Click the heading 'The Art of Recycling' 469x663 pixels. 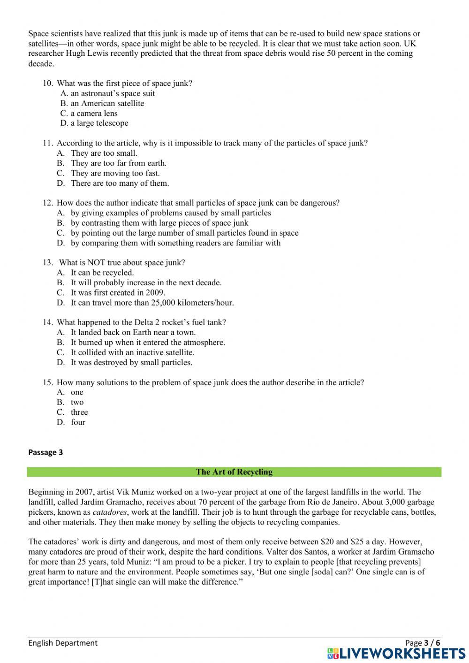click(x=234, y=472)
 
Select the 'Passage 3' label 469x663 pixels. click(x=45, y=452)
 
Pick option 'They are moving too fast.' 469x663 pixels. click(x=115, y=173)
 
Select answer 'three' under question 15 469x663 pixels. click(x=79, y=412)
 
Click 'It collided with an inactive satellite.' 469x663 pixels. click(x=132, y=352)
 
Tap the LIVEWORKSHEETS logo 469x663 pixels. click(x=396, y=653)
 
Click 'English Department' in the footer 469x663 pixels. click(x=63, y=643)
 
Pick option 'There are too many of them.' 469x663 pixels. click(x=120, y=183)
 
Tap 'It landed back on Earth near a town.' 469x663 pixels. click(x=133, y=332)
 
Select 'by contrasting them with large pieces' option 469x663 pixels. click(x=159, y=223)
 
